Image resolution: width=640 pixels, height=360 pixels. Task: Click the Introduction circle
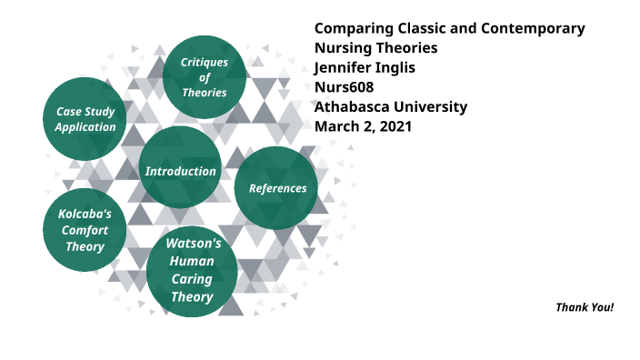click(x=180, y=168)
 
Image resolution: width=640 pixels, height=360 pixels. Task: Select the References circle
click(x=277, y=187)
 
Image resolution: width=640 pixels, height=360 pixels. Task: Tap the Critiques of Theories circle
click(x=205, y=76)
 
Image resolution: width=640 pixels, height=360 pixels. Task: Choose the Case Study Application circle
click(x=85, y=118)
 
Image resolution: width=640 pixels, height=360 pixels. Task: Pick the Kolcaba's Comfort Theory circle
click(x=85, y=230)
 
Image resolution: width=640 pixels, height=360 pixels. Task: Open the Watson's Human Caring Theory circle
click(x=192, y=271)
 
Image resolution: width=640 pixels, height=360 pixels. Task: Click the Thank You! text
click(x=585, y=307)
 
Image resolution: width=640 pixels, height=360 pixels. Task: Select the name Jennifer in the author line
click(x=345, y=67)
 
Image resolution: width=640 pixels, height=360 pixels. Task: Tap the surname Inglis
click(x=403, y=67)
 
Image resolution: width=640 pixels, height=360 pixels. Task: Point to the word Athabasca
click(x=353, y=106)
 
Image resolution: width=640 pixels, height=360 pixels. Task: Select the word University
click(x=431, y=106)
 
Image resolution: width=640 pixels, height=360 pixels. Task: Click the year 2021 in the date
click(x=395, y=126)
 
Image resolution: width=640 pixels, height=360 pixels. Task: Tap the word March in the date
click(x=336, y=126)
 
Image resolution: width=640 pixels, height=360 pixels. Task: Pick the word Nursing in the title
click(x=343, y=47)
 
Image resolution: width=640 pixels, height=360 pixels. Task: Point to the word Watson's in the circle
click(x=193, y=245)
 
